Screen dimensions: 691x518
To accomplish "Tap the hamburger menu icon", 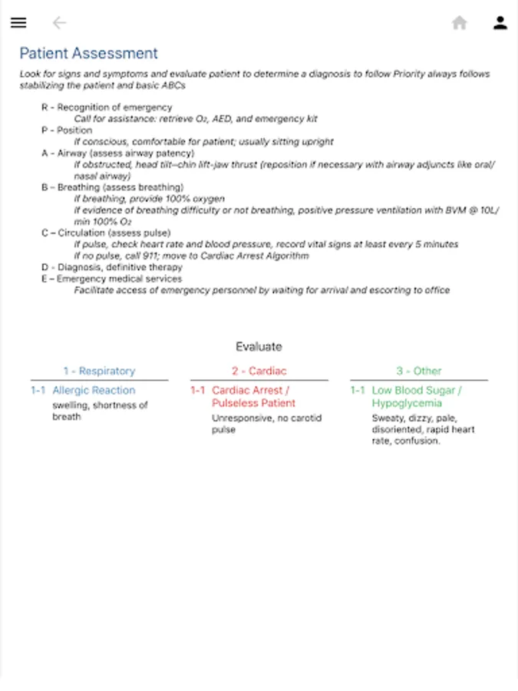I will point(18,23).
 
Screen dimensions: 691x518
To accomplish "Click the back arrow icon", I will point(59,23).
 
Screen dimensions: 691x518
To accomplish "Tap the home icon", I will point(460,23).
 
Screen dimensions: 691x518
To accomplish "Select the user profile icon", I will point(500,23).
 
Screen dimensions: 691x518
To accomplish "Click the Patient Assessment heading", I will point(88,54).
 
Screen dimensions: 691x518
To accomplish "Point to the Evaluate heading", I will point(259,346).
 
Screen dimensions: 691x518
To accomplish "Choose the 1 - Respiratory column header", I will point(99,371).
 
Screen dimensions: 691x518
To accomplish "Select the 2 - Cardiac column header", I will point(259,371).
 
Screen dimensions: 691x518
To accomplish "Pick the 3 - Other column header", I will point(419,371).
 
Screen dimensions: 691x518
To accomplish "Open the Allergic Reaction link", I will point(94,390).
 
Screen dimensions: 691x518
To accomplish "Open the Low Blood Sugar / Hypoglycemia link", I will point(417,396).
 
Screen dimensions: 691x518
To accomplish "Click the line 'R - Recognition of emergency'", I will point(107,107).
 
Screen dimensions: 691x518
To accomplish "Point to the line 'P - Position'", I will point(67,131).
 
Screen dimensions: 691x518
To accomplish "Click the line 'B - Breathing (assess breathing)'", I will point(113,187).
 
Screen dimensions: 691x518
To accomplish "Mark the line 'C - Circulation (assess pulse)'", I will point(106,233).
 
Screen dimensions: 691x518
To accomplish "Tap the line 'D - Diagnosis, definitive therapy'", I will point(112,267).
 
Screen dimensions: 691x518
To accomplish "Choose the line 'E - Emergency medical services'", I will point(112,279).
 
